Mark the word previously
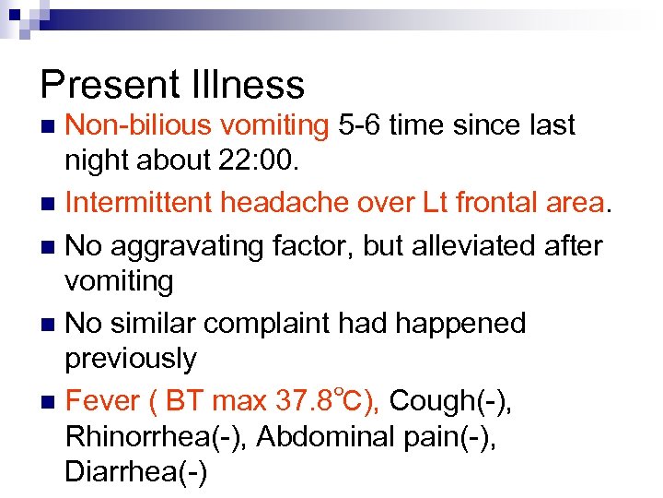coord(132,359)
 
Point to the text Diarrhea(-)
coord(137,472)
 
